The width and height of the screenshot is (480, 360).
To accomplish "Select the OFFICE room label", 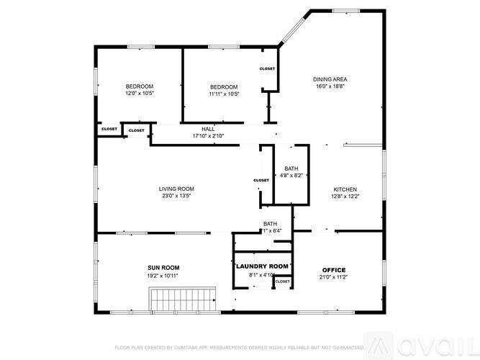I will click(x=334, y=270).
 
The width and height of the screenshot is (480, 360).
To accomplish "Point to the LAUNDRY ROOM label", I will click(x=262, y=266).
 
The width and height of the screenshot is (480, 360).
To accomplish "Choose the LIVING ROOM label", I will click(x=176, y=189).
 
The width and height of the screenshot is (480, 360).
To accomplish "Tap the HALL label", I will click(x=208, y=129).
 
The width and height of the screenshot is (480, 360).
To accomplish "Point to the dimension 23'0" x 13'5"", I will click(x=176, y=196).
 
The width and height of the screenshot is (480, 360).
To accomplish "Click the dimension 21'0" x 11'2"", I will click(x=334, y=277).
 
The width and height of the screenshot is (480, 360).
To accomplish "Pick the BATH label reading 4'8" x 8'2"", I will click(x=291, y=168).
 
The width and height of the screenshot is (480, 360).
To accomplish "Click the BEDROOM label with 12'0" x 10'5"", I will click(x=140, y=86).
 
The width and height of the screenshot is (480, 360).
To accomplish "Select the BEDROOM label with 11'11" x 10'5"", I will click(x=224, y=86).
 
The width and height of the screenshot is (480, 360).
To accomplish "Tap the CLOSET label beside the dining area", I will click(x=268, y=68).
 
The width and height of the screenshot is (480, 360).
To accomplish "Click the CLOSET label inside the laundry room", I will click(x=283, y=282).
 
